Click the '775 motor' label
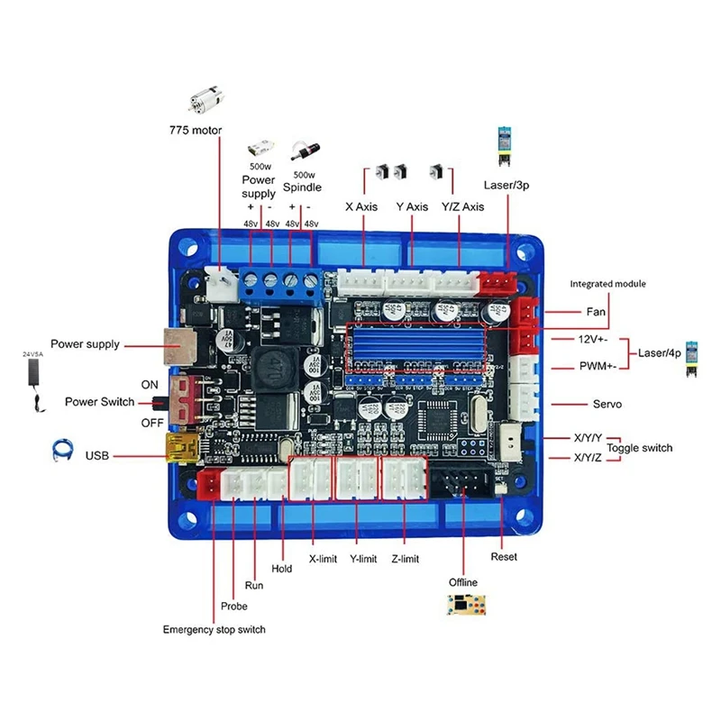click(x=196, y=130)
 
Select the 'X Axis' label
click(x=361, y=206)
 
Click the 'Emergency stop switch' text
click(x=214, y=629)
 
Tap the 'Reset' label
click(x=504, y=557)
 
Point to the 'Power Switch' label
click(x=99, y=402)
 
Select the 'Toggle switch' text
click(x=639, y=448)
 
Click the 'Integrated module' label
click(x=607, y=284)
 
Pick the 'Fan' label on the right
click(x=597, y=311)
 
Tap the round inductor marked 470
click(x=270, y=366)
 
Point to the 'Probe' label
click(x=234, y=606)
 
